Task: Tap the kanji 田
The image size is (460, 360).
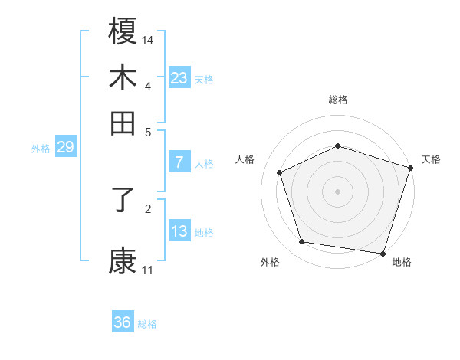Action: pos(123,123)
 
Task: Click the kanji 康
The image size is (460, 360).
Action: pos(123,260)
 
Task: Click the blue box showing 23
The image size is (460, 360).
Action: pos(179,78)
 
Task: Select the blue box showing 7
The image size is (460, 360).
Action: pos(179,162)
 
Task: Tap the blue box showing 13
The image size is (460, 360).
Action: pos(179,231)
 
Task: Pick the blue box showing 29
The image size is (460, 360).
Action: pos(65,147)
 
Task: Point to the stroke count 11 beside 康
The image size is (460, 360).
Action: pos(148,270)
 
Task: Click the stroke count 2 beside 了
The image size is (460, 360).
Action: pos(148,207)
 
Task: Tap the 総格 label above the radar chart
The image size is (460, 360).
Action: pos(338,100)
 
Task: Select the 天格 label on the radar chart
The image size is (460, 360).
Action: pos(431,160)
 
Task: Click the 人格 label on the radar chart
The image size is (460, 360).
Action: pos(245,160)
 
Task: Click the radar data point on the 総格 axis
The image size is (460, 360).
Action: pos(338,146)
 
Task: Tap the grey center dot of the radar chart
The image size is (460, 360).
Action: pos(338,191)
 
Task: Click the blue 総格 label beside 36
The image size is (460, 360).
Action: pos(147,324)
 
